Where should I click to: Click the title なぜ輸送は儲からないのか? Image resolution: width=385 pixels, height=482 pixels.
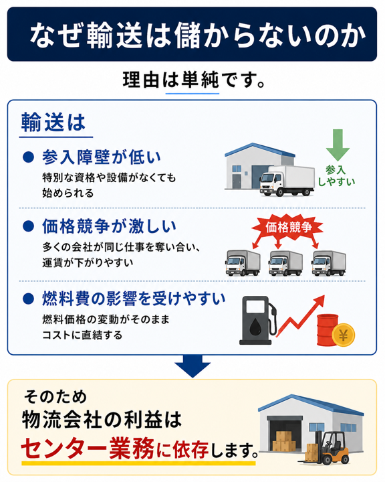[x=198, y=35]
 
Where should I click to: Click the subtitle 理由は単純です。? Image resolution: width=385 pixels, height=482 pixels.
[x=194, y=80]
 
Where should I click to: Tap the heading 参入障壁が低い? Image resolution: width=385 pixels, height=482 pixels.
[x=102, y=157]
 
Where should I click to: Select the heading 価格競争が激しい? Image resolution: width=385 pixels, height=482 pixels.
[x=109, y=226]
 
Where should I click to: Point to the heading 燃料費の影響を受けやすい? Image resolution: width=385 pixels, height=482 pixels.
[x=134, y=299]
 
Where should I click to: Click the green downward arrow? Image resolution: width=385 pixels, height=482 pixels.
[x=338, y=145]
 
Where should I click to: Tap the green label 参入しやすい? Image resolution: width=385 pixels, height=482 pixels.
[x=336, y=176]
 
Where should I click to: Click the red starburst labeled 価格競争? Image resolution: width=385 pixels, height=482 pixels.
[x=287, y=228]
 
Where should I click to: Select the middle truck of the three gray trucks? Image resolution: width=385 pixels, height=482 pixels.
[x=285, y=263]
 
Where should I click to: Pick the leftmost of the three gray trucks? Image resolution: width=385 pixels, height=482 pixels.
[x=243, y=263]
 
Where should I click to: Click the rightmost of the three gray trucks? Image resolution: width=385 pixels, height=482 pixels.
[x=329, y=263]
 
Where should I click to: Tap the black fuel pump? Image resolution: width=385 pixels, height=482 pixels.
[x=258, y=320]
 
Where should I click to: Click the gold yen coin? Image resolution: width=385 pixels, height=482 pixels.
[x=344, y=335]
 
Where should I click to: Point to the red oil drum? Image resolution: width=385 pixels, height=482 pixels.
[x=326, y=329]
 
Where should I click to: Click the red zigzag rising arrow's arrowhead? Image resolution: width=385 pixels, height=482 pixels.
[x=319, y=301]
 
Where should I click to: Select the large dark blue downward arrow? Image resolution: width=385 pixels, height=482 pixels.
[x=192, y=366]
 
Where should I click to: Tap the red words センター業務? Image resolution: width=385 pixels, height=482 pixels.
[x=88, y=449]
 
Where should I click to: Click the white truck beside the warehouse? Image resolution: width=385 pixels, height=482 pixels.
[x=287, y=181]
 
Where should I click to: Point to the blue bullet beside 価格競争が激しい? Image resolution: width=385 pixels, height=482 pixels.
[x=28, y=226]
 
